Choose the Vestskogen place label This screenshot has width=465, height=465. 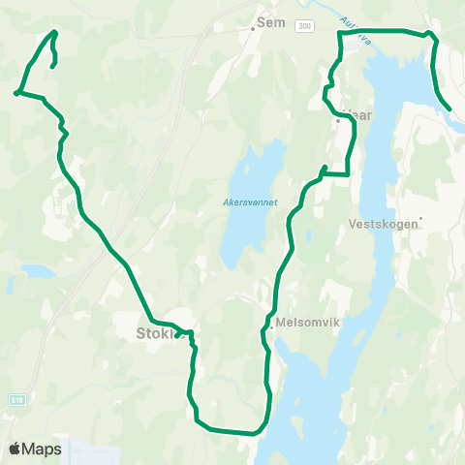384,223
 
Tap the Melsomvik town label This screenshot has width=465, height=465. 304,325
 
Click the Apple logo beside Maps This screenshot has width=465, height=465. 15,449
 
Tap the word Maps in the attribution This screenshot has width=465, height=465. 44,449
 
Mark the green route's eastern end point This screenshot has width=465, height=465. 449,108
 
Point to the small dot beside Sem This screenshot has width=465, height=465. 253,28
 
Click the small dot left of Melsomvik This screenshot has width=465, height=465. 272,325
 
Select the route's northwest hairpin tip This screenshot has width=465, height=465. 54,32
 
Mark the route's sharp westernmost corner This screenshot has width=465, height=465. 17,93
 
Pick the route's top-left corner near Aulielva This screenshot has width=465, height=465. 339,33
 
